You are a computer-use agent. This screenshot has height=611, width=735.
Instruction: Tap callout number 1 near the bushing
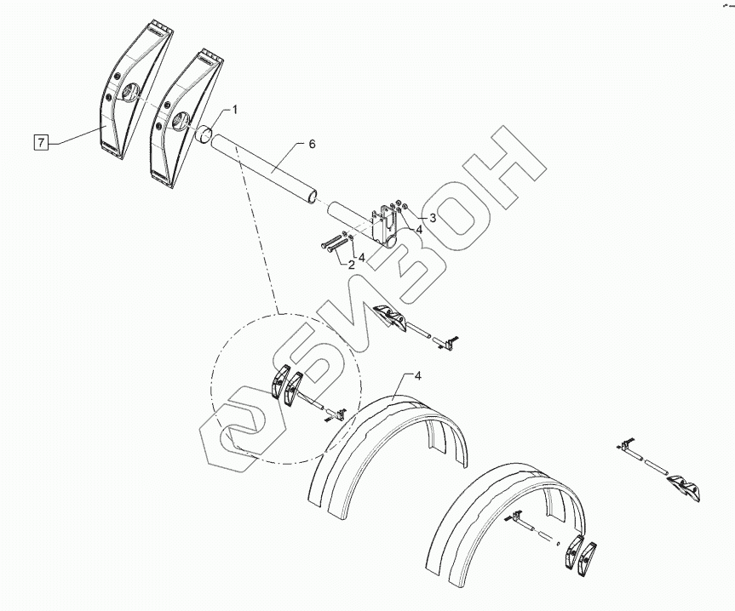[x=235, y=110]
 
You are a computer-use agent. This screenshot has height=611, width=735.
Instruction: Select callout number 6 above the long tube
[x=312, y=145]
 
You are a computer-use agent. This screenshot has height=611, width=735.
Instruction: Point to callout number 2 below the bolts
[x=351, y=265]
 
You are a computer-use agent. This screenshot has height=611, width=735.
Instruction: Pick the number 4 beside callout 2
[x=361, y=256]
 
